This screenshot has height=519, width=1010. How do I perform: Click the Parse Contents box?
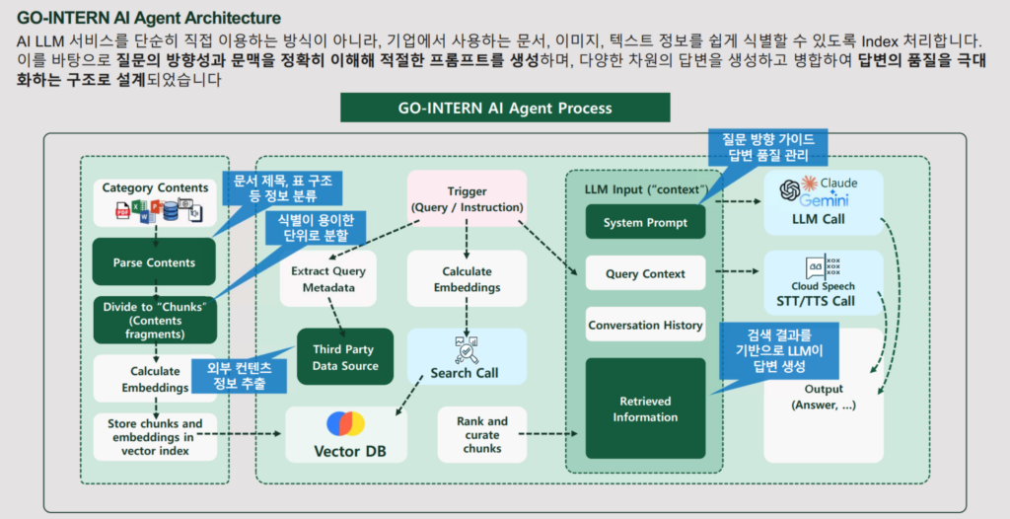point(154,262)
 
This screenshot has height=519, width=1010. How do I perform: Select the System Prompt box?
point(645,222)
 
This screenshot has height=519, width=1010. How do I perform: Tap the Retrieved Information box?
point(645,408)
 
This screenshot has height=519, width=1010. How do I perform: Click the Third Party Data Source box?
point(345,357)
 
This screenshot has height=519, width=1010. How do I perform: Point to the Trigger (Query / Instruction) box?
point(467,199)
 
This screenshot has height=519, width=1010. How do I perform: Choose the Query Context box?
point(645,273)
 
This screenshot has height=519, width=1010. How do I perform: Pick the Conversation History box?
point(645,325)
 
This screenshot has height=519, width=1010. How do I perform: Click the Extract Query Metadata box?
point(328,278)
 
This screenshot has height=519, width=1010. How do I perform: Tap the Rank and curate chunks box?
point(481,434)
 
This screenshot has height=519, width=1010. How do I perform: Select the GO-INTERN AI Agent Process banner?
point(504,108)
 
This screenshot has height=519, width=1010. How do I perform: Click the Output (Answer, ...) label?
point(823,397)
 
